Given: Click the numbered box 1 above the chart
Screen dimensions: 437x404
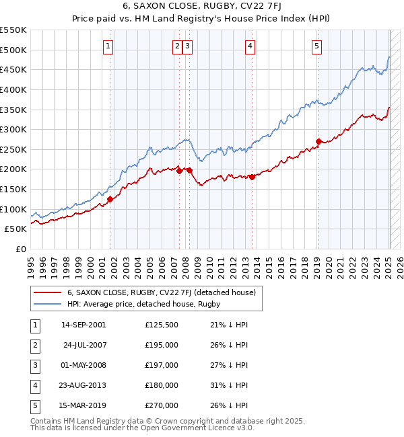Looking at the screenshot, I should click(x=108, y=46).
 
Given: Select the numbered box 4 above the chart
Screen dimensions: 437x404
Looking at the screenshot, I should click(x=250, y=46).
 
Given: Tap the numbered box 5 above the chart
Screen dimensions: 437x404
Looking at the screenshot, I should click(x=316, y=46).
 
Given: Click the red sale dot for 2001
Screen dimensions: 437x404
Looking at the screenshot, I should click(x=110, y=198).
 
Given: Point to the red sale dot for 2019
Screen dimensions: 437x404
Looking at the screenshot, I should click(x=318, y=141).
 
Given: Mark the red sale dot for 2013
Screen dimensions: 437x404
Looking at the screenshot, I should click(x=251, y=177).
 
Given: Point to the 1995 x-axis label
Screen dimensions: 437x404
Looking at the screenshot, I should click(x=31, y=265).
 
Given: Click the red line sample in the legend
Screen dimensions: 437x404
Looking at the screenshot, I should click(x=48, y=293).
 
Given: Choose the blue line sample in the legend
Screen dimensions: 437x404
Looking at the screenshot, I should click(x=48, y=305).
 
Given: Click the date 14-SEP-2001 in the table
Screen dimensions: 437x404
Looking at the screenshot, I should click(x=83, y=325).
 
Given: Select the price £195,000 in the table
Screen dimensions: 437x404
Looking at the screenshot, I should click(x=162, y=346).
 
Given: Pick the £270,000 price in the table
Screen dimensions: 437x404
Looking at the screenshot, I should click(x=162, y=406).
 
